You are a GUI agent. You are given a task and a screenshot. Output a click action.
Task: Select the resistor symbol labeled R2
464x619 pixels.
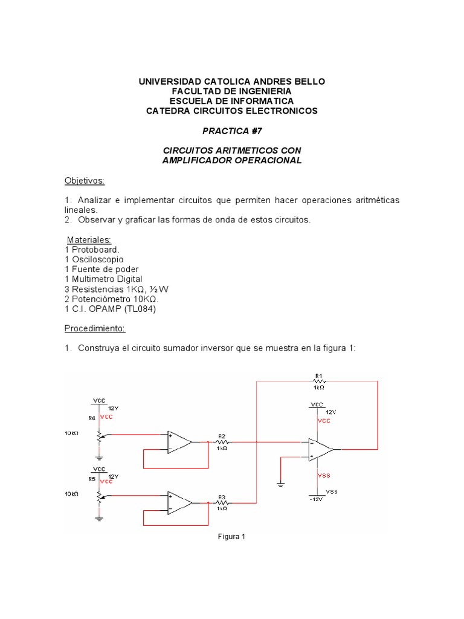coord(222,442)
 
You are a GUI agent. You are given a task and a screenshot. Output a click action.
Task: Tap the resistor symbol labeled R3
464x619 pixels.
coord(222,502)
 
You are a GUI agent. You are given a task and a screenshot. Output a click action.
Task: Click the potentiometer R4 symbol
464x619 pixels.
coord(98,434)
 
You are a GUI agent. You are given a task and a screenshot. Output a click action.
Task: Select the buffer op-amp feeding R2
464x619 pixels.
coord(180,442)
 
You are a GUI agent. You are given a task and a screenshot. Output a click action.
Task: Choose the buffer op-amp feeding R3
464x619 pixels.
coord(180,502)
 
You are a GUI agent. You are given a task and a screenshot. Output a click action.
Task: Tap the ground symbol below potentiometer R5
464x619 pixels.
coord(98,517)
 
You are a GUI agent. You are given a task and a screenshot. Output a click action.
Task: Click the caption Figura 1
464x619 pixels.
coord(231,536)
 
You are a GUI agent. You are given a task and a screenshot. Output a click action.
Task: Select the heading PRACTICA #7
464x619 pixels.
coord(232,131)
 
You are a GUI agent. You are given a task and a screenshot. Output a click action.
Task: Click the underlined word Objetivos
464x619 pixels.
coord(85,181)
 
